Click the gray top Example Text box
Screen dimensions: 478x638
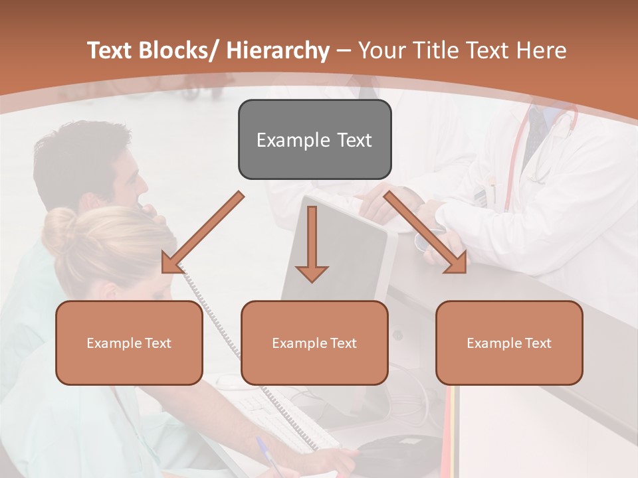coord(314,139)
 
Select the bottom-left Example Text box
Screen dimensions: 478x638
coord(129,343)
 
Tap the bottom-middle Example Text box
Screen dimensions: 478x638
coord(314,343)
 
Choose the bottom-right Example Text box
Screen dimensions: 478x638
coord(509,343)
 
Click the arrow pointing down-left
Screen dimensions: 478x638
coord(202,233)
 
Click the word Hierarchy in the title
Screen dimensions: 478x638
coord(278,50)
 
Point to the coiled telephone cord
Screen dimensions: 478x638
coord(219,332)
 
